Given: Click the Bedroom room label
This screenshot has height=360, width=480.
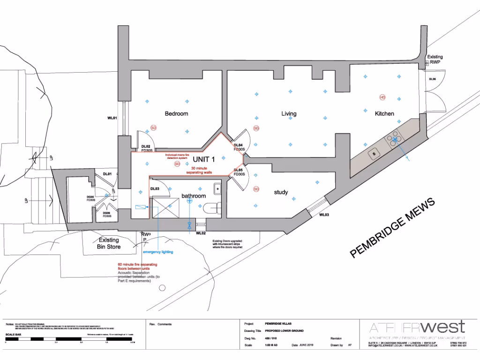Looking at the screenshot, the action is pos(176,114).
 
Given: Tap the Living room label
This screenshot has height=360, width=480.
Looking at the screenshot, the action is pos(289,114).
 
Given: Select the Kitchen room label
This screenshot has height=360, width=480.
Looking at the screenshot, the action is pos(384,114).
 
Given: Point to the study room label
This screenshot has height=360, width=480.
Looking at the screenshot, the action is pos(281,192).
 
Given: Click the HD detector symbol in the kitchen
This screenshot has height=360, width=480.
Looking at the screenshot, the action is pos(382,97).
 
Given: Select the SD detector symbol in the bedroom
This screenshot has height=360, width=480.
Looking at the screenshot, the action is pos(153,127).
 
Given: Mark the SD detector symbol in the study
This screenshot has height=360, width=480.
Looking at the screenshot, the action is pos(256,189).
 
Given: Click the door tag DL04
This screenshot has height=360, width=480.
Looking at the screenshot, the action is pos(239,145).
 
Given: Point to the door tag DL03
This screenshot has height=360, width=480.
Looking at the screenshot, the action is pos(155,189).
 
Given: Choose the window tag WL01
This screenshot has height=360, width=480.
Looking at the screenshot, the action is pos(112,118).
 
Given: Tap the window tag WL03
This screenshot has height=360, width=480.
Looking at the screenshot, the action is pos(324,215).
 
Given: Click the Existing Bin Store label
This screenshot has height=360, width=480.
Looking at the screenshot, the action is pos(109,243).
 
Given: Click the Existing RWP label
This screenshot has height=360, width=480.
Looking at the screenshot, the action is pos(435,59).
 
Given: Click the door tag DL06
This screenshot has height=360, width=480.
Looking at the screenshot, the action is pos(432,79).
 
